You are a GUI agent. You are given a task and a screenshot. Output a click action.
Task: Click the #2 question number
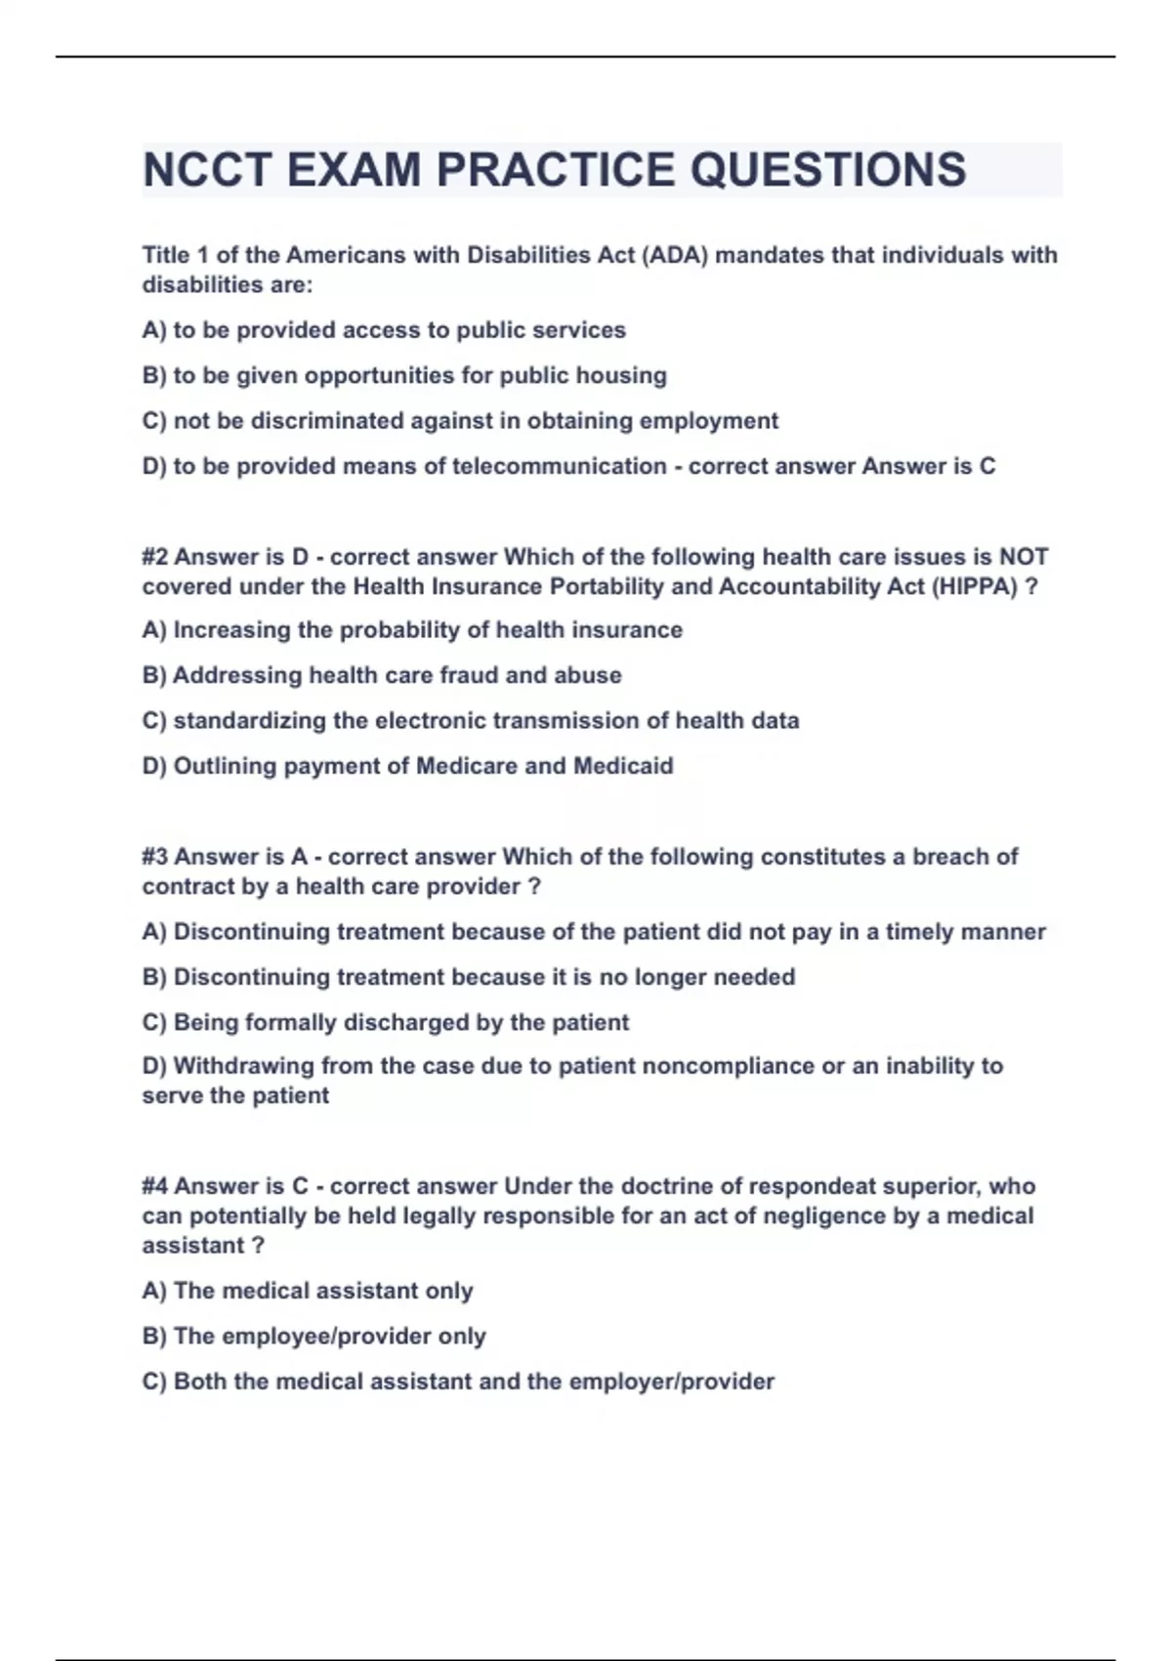[x=154, y=557]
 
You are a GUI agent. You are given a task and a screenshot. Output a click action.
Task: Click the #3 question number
[x=154, y=857]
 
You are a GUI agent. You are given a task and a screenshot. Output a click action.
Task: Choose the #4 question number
[x=154, y=1186]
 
